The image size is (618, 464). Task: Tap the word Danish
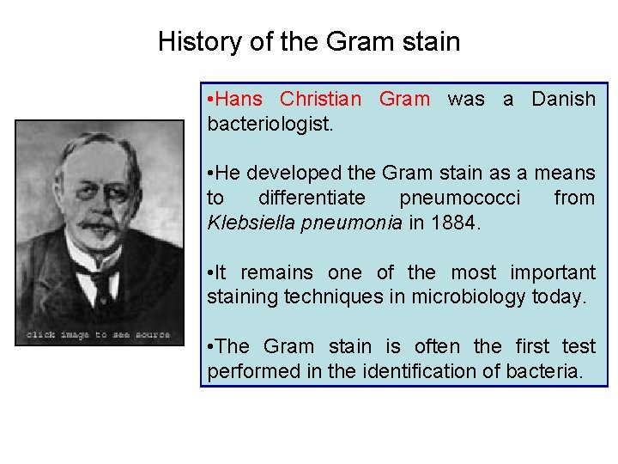pos(563,99)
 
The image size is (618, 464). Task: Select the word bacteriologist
pos(270,124)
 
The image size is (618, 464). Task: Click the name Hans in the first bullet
pos(240,99)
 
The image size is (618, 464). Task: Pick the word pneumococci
pos(459,198)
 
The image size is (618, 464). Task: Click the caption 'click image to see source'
pos(99,334)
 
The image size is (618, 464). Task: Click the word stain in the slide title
pos(431,41)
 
